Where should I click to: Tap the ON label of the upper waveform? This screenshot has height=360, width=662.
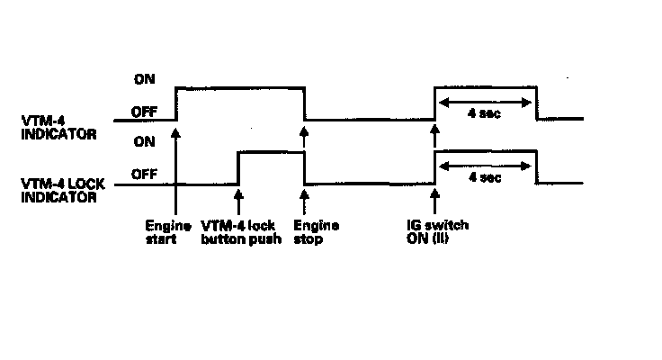point(144,80)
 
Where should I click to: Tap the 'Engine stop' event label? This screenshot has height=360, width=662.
point(311,232)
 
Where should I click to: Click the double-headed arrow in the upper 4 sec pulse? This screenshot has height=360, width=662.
point(486,101)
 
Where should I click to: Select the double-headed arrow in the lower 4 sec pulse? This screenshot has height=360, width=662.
point(486,164)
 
